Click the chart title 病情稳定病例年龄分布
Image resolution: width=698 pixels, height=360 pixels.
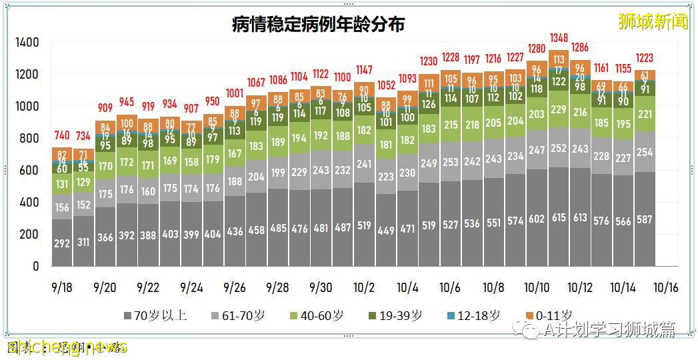pyautogui.click(x=318, y=25)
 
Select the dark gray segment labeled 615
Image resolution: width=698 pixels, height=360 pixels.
pyautogui.click(x=559, y=217)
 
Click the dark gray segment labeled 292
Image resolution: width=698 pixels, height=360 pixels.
pyautogui.click(x=62, y=243)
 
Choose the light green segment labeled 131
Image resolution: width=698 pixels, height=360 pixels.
pyautogui.click(x=62, y=185)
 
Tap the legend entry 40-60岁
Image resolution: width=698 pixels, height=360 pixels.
pyautogui.click(x=321, y=315)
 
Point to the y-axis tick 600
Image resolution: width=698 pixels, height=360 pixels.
pyautogui.click(x=30, y=171)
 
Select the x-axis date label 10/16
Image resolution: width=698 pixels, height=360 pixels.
pyautogui.click(x=665, y=288)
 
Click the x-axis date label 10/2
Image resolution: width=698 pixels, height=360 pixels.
pyautogui.click(x=363, y=288)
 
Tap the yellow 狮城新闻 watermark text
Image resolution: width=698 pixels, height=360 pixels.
pyautogui.click(x=653, y=22)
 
